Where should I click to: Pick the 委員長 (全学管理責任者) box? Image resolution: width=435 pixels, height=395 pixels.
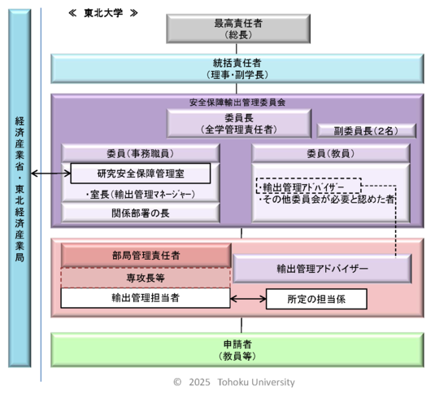(238, 123)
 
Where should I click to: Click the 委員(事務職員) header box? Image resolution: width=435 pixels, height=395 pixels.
(140, 153)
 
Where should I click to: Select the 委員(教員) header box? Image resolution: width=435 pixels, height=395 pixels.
(330, 153)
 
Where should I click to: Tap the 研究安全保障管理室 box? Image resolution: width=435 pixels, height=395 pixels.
(140, 173)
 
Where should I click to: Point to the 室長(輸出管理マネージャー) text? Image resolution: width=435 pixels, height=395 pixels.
(140, 195)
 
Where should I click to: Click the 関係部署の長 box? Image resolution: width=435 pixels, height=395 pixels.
(140, 213)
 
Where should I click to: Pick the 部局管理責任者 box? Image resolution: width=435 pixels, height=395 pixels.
(146, 255)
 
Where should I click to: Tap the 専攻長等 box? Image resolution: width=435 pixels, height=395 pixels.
(146, 277)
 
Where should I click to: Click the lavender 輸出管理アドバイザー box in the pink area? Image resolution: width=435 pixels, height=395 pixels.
(322, 268)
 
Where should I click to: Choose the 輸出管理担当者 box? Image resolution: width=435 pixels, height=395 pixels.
(146, 298)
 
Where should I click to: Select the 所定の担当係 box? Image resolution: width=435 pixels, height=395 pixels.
(316, 299)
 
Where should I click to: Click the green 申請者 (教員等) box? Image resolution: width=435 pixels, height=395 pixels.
(237, 349)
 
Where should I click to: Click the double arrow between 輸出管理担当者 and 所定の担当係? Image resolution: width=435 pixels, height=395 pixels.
(249, 299)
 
